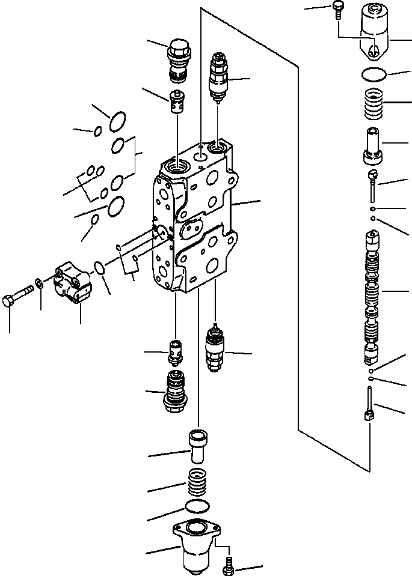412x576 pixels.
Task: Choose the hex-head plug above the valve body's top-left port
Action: [x=177, y=58]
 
